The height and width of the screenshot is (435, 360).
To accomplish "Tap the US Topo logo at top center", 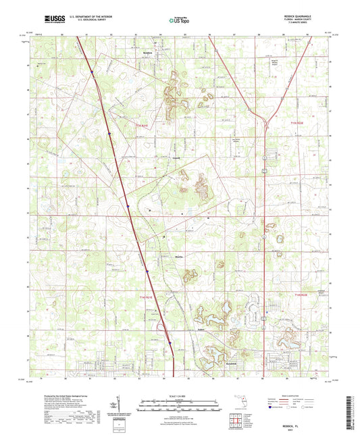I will click(x=179, y=20).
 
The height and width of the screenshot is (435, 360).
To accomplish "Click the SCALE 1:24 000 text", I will click(x=179, y=396).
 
